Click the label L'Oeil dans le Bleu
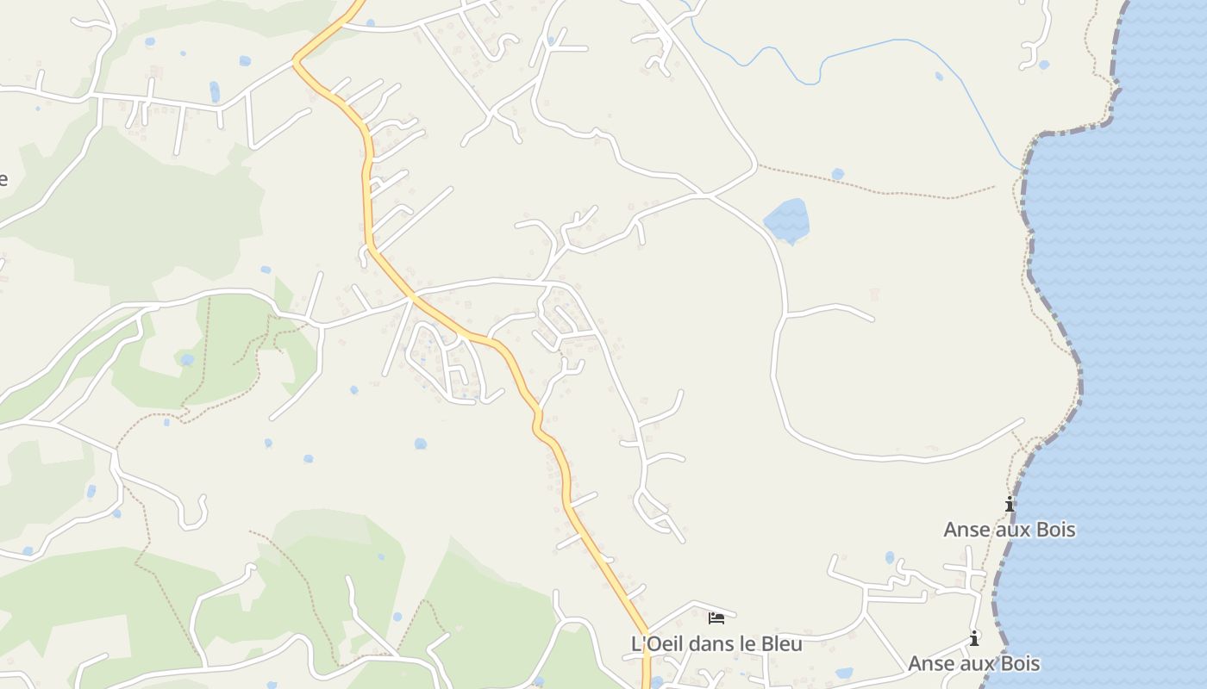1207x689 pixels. tap(716, 643)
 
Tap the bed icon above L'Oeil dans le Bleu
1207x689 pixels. tap(716, 618)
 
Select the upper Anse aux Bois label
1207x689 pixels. tap(1009, 529)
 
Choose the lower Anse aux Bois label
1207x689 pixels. tap(973, 663)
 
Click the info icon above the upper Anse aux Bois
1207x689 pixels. tap(1010, 505)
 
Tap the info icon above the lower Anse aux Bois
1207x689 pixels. tap(974, 639)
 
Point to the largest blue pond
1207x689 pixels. tap(787, 220)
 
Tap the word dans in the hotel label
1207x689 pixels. tap(704, 643)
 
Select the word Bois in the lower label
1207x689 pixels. tap(1017, 663)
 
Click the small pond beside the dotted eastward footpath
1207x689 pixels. tap(837, 174)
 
